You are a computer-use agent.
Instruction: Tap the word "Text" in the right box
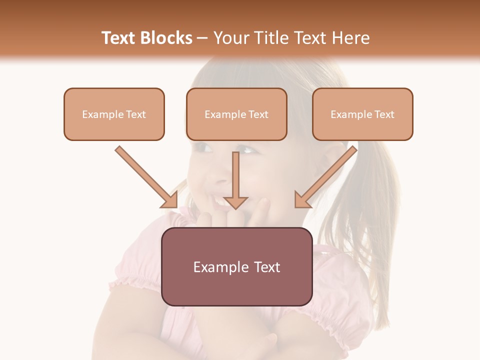tap(384, 114)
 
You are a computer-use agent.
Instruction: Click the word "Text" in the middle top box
tap(258, 114)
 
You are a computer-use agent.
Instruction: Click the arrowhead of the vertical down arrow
tap(236, 202)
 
